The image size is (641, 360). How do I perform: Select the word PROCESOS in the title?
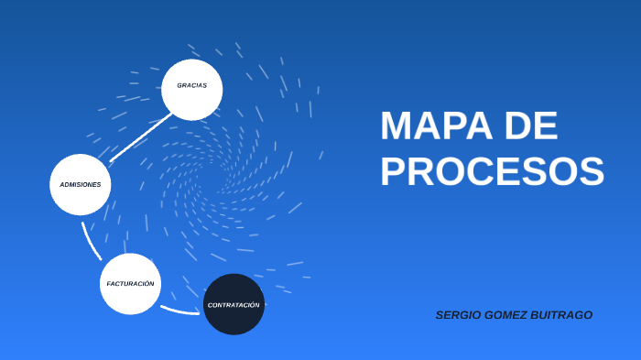493,171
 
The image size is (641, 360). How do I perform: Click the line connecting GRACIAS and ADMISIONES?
140,137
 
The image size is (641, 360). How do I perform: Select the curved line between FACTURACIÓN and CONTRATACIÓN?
179,311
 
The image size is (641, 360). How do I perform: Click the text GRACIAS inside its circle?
192,85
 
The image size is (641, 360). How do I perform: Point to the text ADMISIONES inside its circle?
81,185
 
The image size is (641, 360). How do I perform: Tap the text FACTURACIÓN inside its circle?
130,284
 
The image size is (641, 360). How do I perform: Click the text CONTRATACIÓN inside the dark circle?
234,304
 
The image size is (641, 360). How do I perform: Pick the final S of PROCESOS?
591,171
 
